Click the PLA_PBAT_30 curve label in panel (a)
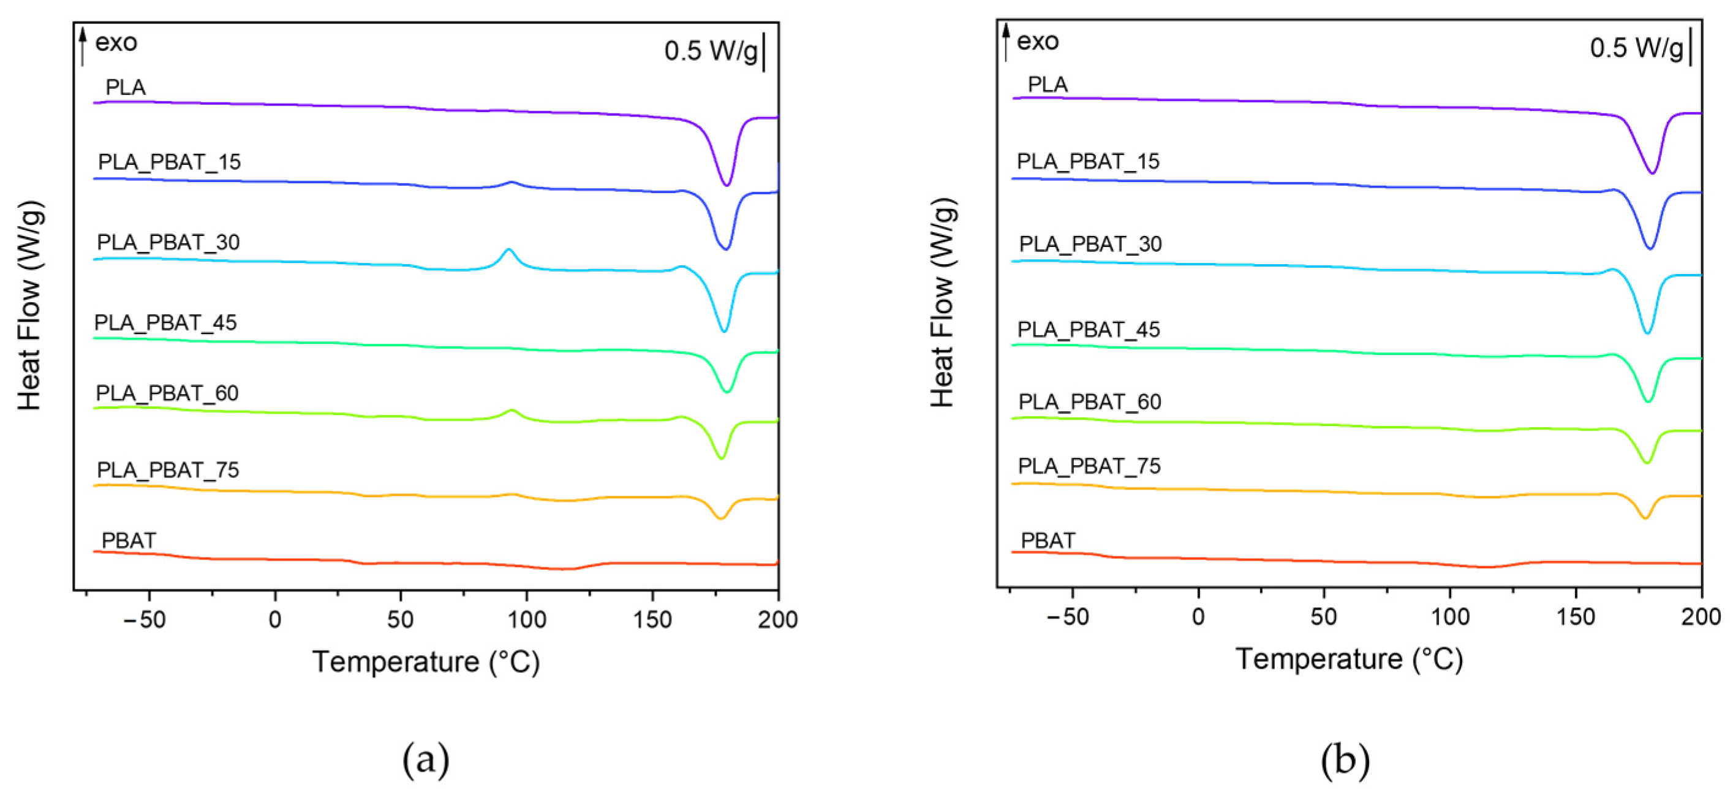tap(168, 242)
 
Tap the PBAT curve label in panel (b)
tap(1048, 541)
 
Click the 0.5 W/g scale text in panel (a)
tap(711, 51)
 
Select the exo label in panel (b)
tap(1037, 42)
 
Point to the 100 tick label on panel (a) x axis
tap(527, 619)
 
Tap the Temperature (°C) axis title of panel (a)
tap(426, 661)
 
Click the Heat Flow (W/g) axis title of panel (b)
tap(943, 303)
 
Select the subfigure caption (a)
tap(425, 761)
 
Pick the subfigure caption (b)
tap(1345, 761)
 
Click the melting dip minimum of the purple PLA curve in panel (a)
tap(727, 184)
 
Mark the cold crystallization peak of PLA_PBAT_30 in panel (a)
tap(508, 249)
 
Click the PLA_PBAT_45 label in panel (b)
tap(1089, 330)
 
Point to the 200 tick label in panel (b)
tap(1701, 617)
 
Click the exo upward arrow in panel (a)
tap(83, 46)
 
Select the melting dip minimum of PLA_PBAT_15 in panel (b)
tap(1650, 248)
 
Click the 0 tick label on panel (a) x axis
tap(274, 619)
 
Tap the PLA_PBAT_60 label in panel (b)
tap(1089, 401)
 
